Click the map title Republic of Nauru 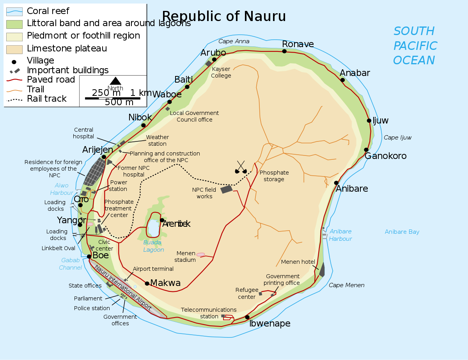(x=224, y=16)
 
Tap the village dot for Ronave (x=284, y=51)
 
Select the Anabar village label (x=355, y=73)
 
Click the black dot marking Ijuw (x=369, y=120)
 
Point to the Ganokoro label (x=385, y=156)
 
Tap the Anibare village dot (x=336, y=183)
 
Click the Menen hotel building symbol (x=322, y=270)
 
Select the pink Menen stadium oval (x=200, y=254)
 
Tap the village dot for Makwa (x=147, y=283)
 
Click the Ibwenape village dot (x=247, y=317)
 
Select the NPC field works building (x=226, y=189)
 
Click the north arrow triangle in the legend (x=115, y=81)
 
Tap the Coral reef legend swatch (x=14, y=12)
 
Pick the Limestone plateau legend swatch (x=14, y=49)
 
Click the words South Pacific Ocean (x=415, y=46)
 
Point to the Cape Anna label (x=234, y=41)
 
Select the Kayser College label (x=221, y=72)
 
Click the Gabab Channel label (x=70, y=264)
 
